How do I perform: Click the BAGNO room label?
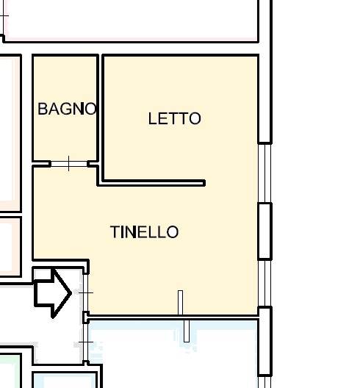tap(67, 109)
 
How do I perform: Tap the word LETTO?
tap(174, 118)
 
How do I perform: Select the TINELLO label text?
tap(144, 232)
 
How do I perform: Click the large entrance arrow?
tap(52, 293)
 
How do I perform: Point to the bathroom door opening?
tap(69, 164)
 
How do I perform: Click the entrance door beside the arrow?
tap(86, 293)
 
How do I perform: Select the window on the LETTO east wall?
tap(264, 173)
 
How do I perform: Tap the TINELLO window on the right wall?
tap(264, 284)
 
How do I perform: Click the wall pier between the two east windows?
tap(264, 231)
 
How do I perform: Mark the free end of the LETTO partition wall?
tap(204, 183)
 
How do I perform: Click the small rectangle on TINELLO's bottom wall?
tap(181, 302)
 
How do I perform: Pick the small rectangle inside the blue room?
tap(187, 331)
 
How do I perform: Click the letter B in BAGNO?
tap(43, 109)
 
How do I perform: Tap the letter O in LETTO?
tap(195, 118)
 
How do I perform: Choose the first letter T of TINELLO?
tap(115, 232)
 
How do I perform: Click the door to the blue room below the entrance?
tap(86, 342)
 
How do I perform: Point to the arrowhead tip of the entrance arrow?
tap(72, 293)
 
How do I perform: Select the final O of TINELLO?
tap(173, 232)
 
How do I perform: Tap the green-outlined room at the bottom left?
tap(10, 370)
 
